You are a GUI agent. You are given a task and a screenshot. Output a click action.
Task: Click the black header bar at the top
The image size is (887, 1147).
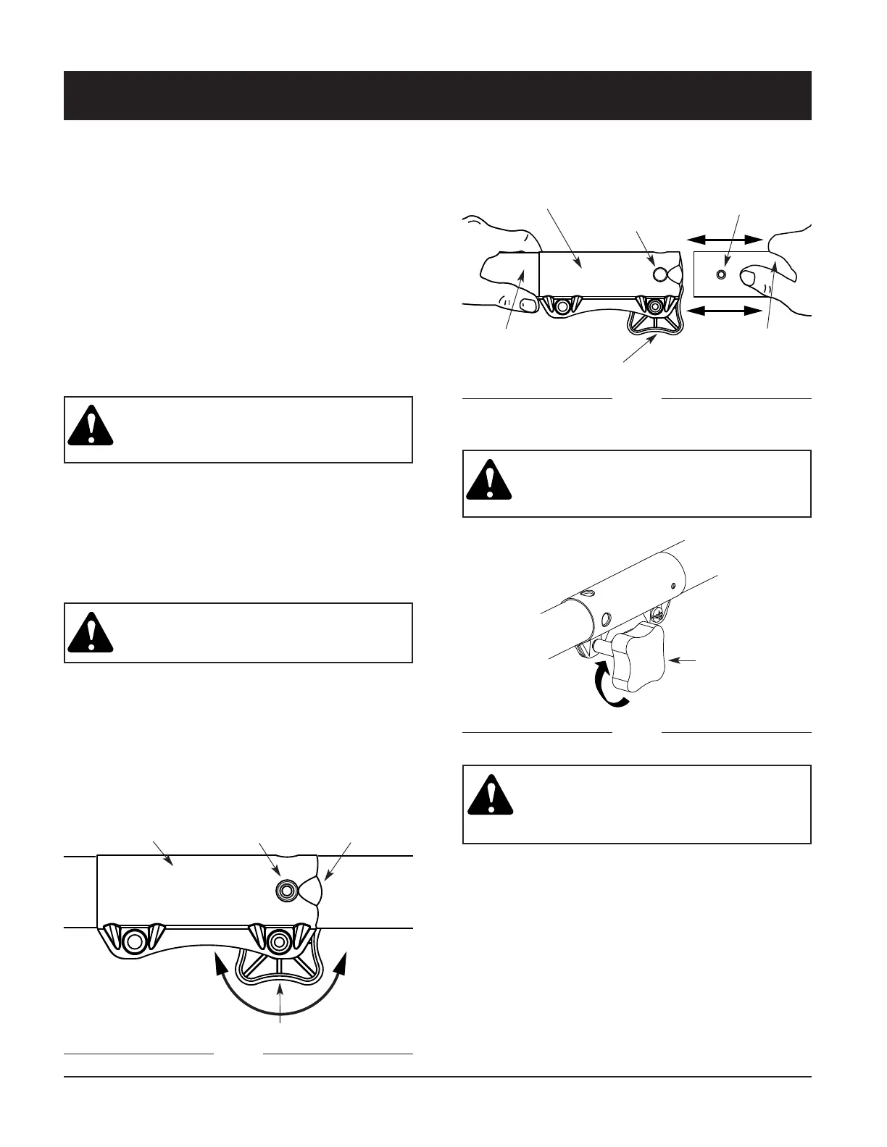[x=437, y=95]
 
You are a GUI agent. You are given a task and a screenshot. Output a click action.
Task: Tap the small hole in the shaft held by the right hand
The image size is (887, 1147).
[x=720, y=274]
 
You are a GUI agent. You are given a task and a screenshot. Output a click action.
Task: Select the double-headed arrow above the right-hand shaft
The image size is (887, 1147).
[x=725, y=239]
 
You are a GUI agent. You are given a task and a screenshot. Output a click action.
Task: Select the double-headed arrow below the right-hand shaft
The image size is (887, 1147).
[x=725, y=311]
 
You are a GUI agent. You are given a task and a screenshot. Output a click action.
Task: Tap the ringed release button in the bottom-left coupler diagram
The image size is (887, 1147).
[x=286, y=891]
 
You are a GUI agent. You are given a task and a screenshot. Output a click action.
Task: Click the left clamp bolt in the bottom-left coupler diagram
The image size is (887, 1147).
[x=133, y=941]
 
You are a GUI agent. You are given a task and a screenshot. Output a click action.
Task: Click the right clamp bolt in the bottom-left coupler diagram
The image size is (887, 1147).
[x=278, y=941]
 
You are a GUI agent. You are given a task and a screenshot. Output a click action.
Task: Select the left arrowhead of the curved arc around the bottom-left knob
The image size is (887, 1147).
[x=217, y=960]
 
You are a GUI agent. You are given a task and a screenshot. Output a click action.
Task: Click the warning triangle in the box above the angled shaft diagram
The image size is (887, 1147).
[x=488, y=480]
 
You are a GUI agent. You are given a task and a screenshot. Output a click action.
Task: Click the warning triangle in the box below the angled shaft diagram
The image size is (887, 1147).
[x=491, y=796]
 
